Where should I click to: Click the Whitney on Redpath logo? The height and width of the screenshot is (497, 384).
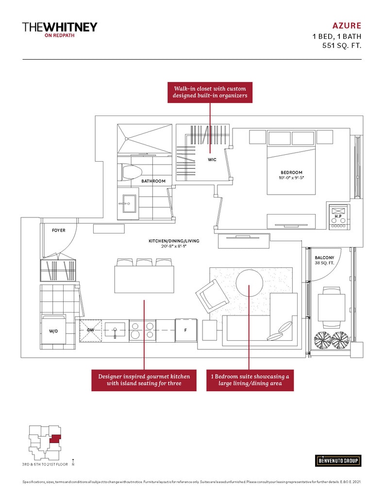pyautogui.click(x=60, y=29)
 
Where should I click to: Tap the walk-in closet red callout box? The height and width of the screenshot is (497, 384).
pyautogui.click(x=210, y=92)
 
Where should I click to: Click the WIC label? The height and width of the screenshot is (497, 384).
pyautogui.click(x=212, y=160)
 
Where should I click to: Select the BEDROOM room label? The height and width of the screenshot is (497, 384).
pyautogui.click(x=291, y=172)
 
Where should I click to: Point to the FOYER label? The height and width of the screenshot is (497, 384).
pyautogui.click(x=58, y=231)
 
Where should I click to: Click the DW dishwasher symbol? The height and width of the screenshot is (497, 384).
pyautogui.click(x=91, y=330)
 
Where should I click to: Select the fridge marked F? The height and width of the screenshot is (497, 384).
pyautogui.click(x=185, y=330)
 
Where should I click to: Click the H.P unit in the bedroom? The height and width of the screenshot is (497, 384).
pyautogui.click(x=338, y=216)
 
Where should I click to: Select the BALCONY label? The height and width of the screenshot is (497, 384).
pyautogui.click(x=324, y=258)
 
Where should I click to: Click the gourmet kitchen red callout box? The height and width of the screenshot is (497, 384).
pyautogui.click(x=144, y=380)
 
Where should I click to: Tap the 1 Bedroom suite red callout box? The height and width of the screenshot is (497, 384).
pyautogui.click(x=250, y=380)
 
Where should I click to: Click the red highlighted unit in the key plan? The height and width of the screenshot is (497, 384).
pyautogui.click(x=56, y=439)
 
